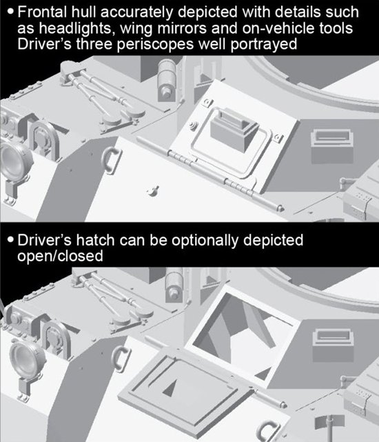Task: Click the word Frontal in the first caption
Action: coord(43,12)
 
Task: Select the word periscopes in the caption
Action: coord(155,45)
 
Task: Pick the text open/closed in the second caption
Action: coord(60,256)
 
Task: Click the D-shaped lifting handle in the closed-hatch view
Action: coord(112,159)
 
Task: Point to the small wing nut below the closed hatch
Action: coord(153,190)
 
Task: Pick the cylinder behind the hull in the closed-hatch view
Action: coord(166,80)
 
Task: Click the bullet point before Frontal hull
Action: coord(11,12)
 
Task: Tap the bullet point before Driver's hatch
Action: coord(11,240)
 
